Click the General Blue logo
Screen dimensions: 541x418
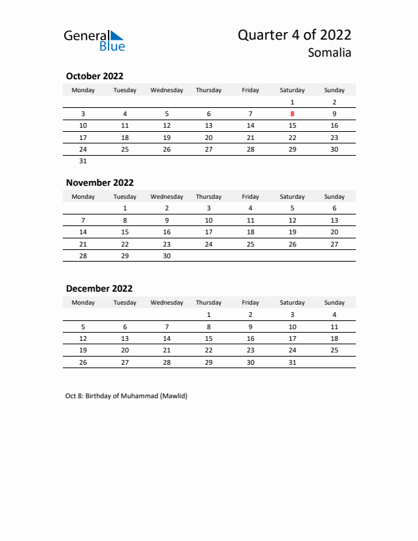click(x=94, y=40)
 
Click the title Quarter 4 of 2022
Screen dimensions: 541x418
click(x=294, y=36)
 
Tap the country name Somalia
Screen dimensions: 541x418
click(x=329, y=53)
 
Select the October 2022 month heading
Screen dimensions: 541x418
click(x=94, y=77)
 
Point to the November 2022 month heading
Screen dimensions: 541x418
click(x=100, y=182)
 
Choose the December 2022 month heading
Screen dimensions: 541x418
click(x=99, y=288)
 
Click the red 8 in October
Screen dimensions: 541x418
click(x=292, y=114)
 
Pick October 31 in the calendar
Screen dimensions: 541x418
click(x=83, y=161)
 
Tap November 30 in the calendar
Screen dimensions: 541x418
click(x=167, y=255)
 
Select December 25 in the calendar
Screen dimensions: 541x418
click(x=334, y=350)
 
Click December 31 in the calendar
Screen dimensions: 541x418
click(x=292, y=361)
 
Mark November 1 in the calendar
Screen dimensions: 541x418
click(x=125, y=208)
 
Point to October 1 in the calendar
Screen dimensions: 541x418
click(x=292, y=102)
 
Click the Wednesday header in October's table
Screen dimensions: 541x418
click(x=167, y=90)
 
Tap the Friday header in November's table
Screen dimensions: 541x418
click(x=251, y=197)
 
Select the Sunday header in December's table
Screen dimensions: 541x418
click(x=334, y=303)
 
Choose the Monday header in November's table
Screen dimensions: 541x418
click(x=83, y=197)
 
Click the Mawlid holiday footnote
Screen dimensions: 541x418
click(x=126, y=396)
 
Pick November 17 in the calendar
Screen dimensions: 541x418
click(x=208, y=232)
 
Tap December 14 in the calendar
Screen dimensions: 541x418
click(x=167, y=338)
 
